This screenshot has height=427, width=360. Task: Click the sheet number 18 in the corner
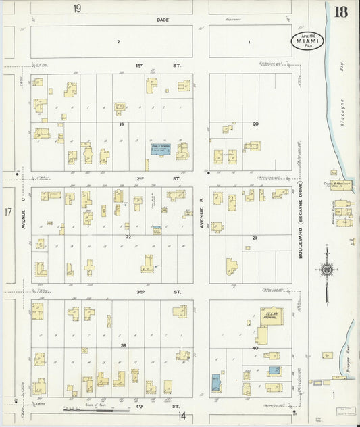(341, 11)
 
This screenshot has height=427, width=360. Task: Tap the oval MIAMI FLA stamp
(308, 41)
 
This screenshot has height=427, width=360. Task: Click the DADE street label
(162, 20)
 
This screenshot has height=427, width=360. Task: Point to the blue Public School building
(160, 149)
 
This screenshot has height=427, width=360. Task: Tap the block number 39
(123, 345)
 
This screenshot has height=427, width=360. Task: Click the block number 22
(127, 237)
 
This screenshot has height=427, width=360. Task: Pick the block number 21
(255, 238)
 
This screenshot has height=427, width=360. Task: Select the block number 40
(255, 348)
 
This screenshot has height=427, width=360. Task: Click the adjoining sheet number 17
(9, 212)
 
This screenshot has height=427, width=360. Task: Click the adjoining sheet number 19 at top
(78, 8)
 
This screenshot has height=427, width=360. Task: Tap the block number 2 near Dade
(118, 42)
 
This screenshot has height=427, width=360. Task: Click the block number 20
(255, 124)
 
